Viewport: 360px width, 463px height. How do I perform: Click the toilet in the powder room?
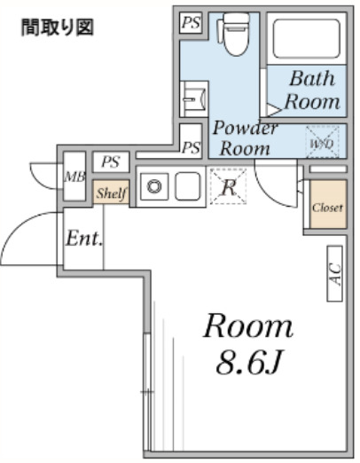tap(234, 34)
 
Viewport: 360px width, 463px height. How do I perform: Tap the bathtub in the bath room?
tap(306, 38)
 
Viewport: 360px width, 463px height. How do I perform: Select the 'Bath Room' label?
tap(312, 90)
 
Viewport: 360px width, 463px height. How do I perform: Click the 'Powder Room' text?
tap(245, 137)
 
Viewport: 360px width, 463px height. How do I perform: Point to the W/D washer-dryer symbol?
tap(322, 142)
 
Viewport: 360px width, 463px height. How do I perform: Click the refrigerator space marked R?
tap(228, 186)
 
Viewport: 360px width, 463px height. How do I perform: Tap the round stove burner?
tap(154, 187)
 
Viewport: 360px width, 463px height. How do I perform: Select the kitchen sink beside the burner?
tap(188, 186)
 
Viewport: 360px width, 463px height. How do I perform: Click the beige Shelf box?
tap(112, 192)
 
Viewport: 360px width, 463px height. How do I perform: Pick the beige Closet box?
tap(328, 204)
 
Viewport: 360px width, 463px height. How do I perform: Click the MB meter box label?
tap(74, 177)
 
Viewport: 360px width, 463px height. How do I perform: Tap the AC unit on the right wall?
tap(334, 274)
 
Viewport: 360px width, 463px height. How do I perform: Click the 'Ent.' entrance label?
tap(84, 238)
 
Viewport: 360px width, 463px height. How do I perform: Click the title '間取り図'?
tap(58, 27)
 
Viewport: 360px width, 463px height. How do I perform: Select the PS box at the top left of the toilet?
tap(191, 22)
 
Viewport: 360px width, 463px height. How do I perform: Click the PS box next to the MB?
tap(111, 161)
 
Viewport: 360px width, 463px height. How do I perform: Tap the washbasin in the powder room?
tap(194, 99)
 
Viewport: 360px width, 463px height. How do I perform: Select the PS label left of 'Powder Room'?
tap(192, 147)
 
